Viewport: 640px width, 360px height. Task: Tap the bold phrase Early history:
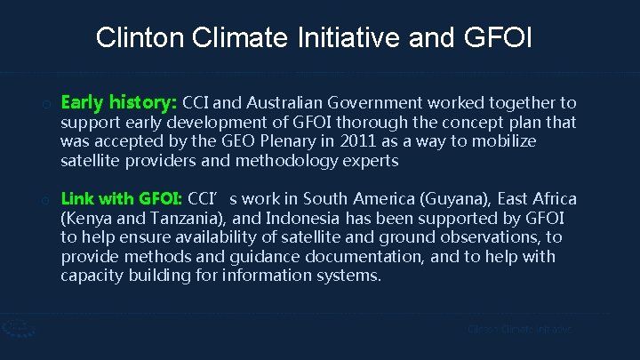point(119,102)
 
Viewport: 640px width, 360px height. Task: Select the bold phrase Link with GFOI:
point(120,198)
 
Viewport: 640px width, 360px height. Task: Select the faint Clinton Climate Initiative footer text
point(520,330)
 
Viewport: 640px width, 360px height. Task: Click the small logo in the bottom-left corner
point(15,328)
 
